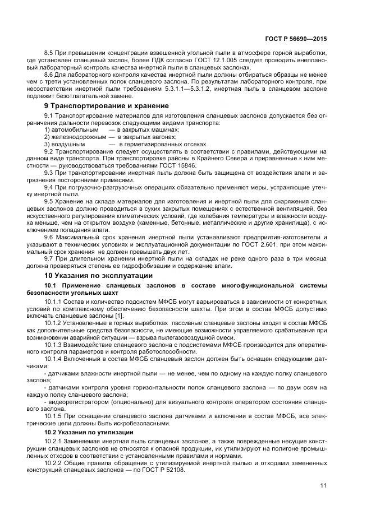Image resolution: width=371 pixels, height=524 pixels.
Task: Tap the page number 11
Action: (x=323, y=485)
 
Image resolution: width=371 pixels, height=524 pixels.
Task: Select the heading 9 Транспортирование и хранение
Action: (x=107, y=105)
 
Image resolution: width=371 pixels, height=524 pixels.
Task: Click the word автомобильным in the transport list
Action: (x=74, y=130)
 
